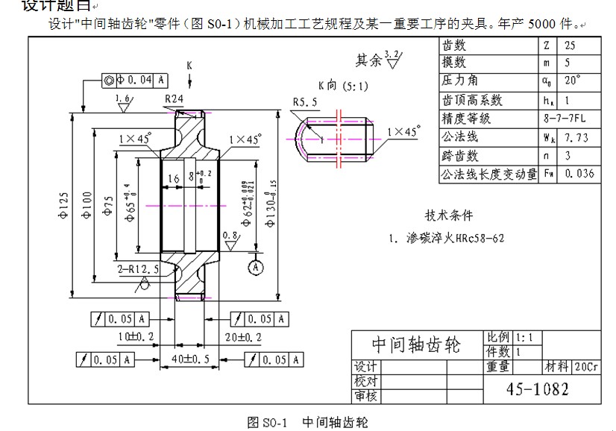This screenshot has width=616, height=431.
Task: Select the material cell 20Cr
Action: tap(585, 367)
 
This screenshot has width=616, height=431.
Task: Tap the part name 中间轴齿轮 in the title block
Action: tap(416, 345)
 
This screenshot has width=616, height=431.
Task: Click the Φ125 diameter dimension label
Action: tap(64, 204)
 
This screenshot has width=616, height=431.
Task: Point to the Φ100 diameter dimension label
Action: tap(87, 204)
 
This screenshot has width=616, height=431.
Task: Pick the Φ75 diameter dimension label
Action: tap(109, 203)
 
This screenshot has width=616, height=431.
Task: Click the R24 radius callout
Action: tap(174, 98)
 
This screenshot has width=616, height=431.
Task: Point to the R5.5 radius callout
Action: tap(305, 101)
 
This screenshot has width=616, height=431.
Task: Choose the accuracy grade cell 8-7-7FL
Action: tap(566, 119)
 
